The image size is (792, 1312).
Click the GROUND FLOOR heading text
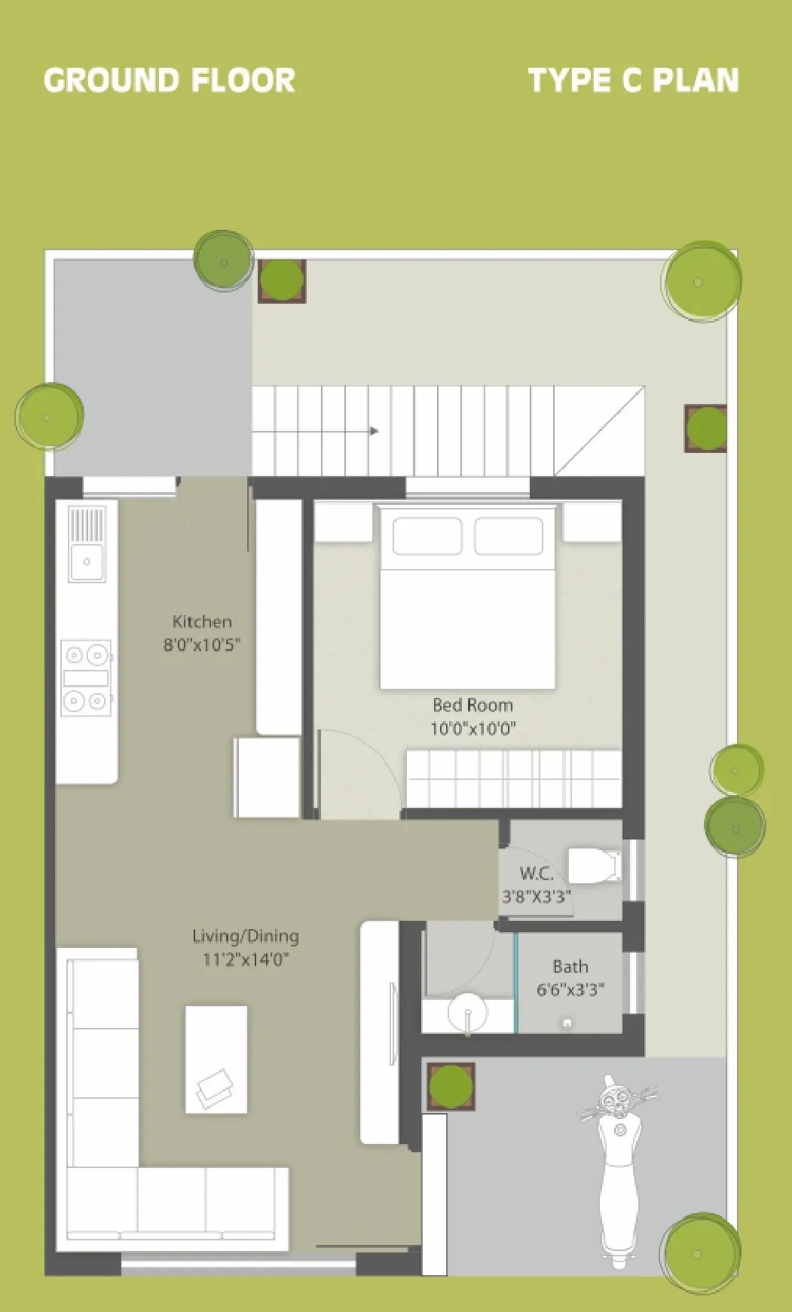(x=170, y=81)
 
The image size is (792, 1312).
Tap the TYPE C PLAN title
(x=633, y=81)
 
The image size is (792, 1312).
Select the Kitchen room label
(x=202, y=622)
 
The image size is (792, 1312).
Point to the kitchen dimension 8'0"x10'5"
(x=202, y=645)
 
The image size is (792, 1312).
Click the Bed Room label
(x=472, y=705)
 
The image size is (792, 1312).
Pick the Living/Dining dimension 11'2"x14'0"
(x=246, y=959)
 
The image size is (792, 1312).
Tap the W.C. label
(x=536, y=873)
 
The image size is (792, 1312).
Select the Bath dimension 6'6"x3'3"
(x=570, y=989)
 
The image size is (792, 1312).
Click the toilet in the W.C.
(x=593, y=866)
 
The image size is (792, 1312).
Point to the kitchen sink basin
(x=87, y=562)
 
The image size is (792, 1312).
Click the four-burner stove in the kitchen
(x=86, y=677)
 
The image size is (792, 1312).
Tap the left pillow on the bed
(x=427, y=536)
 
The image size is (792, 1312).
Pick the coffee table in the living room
(x=216, y=1059)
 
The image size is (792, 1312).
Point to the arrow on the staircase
(x=373, y=431)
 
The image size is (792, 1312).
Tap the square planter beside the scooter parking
(x=451, y=1086)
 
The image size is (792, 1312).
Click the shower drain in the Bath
(x=567, y=1023)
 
